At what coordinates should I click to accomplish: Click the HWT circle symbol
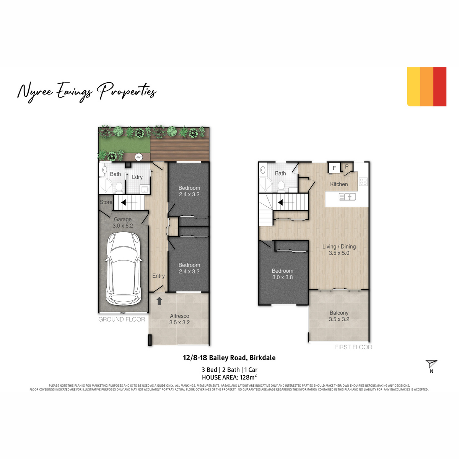tap(138, 157)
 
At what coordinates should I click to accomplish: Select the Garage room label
tap(122, 220)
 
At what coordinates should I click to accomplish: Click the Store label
tap(106, 202)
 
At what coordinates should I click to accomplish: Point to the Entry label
tap(158, 276)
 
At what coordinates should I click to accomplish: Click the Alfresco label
tap(179, 316)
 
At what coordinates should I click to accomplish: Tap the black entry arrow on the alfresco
tap(159, 301)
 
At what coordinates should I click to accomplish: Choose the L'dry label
tap(137, 177)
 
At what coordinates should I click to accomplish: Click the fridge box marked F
tap(334, 168)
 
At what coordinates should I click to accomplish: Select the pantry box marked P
tap(347, 166)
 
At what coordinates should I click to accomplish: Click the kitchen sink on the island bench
tap(347, 197)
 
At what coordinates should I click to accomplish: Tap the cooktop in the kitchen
tap(363, 182)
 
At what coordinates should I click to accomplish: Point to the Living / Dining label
tap(339, 247)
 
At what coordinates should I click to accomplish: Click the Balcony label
tap(339, 313)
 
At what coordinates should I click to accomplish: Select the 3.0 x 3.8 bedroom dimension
tap(283, 277)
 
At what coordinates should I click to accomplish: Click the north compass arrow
tap(431, 364)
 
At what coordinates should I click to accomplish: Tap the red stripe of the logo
tap(440, 87)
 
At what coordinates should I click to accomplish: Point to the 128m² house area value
tap(249, 377)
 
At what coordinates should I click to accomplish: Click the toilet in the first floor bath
tap(281, 186)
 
